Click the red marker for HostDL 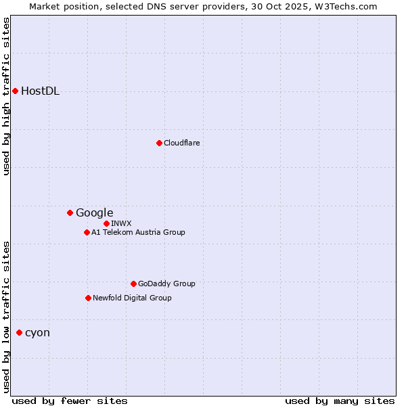15,91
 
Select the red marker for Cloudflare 159,143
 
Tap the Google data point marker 70,212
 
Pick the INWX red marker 106,223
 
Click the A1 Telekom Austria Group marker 87,232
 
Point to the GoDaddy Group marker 133,284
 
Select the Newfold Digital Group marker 88,298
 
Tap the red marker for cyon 19,332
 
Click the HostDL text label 40,91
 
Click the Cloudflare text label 181,143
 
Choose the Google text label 94,213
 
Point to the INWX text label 121,223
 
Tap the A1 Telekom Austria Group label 138,232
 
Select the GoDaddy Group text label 166,284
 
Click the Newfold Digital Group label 132,298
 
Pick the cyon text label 37,333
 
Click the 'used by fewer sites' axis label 70,401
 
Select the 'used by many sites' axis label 340,401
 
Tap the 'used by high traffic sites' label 6,96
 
